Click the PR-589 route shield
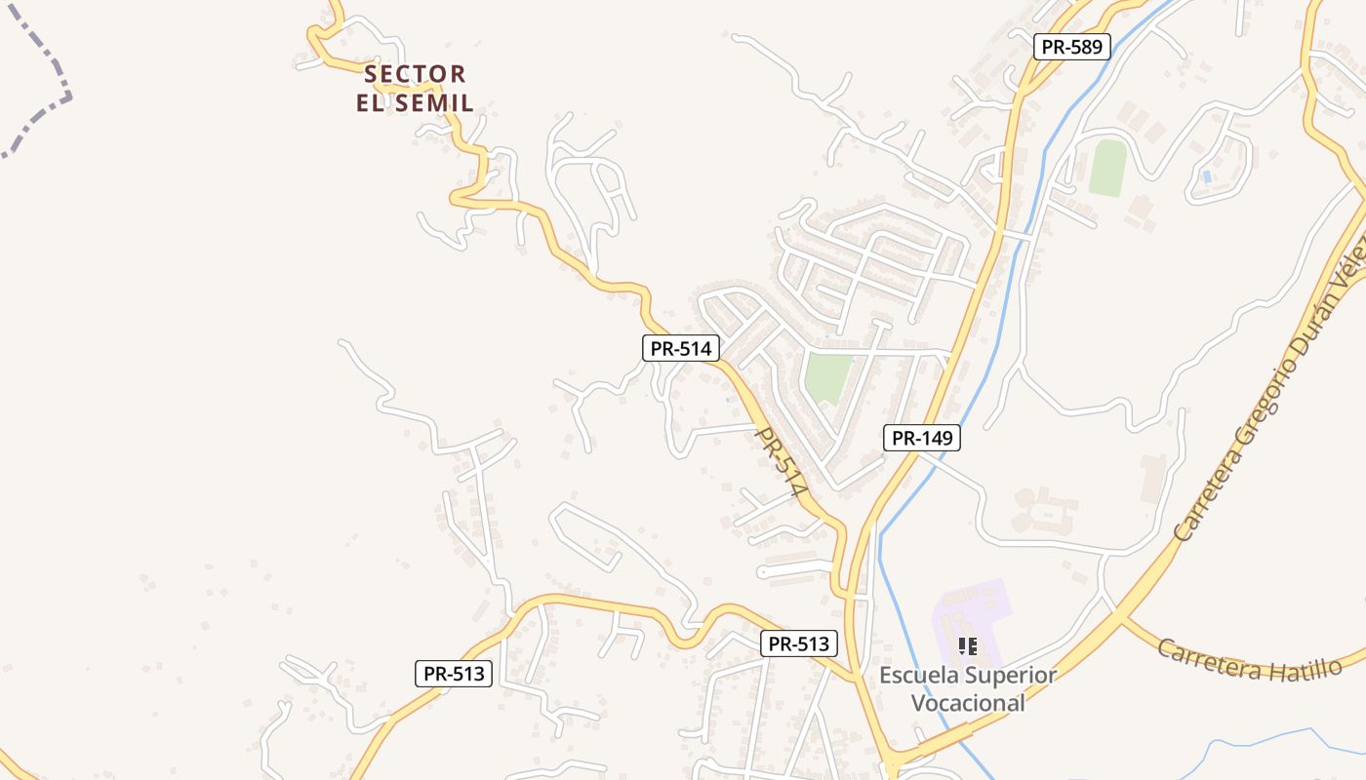point(1072,46)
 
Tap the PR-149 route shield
point(922,438)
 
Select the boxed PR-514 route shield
point(681,348)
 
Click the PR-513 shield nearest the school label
point(798,643)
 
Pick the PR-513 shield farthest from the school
point(453,673)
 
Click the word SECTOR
point(415,74)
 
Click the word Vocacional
point(967,702)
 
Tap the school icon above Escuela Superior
point(968,645)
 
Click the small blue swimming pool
point(1208,176)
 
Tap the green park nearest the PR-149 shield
point(827,377)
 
